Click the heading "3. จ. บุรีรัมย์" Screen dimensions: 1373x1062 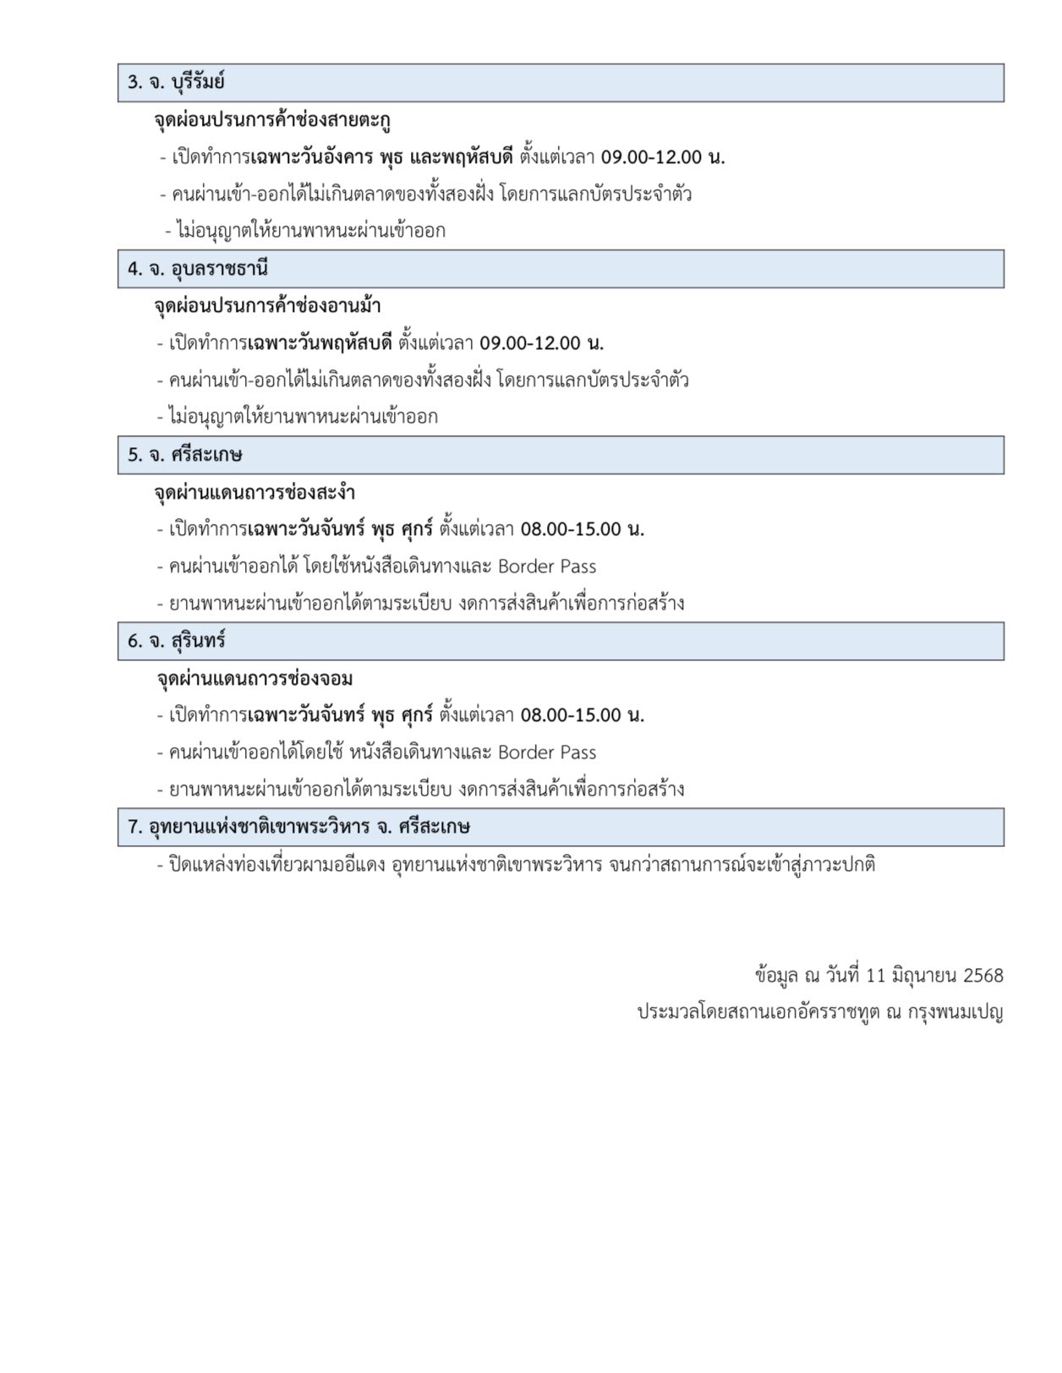tap(175, 83)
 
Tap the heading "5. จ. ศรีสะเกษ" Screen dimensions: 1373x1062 tap(184, 455)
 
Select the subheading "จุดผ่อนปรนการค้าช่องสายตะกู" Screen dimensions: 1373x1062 tap(271, 120)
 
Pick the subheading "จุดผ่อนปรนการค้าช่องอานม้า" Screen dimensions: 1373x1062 tap(267, 306)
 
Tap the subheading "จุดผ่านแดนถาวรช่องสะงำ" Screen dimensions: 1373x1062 tap(255, 492)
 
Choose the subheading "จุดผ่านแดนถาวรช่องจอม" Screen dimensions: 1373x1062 tap(254, 678)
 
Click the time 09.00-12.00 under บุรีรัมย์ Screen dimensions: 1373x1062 tap(657, 157)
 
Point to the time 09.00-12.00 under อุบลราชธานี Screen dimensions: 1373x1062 tap(530, 343)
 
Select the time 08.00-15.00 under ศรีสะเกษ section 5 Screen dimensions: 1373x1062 tap(571, 529)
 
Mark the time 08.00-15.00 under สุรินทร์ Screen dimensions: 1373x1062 tap(571, 715)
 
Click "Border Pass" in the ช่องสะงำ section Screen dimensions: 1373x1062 tap(547, 566)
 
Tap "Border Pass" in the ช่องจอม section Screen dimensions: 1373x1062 tap(547, 752)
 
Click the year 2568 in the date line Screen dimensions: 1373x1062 tap(983, 976)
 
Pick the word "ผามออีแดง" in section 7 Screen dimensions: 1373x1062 tap(343, 865)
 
